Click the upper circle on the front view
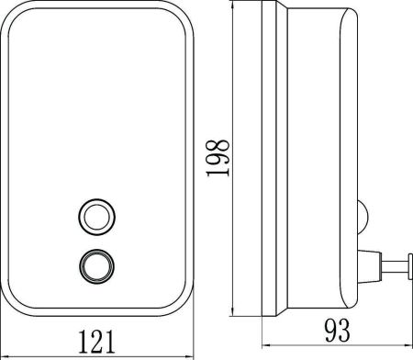pyautogui.click(x=95, y=216)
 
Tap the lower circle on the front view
pyautogui.click(x=95, y=264)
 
